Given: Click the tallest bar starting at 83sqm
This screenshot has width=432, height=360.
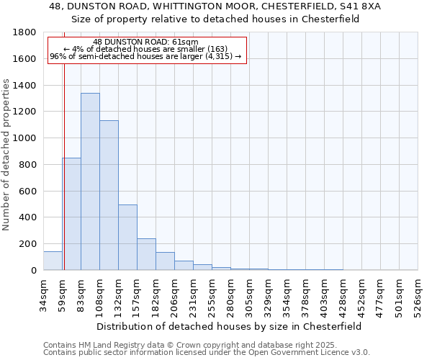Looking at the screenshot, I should click(x=90, y=181).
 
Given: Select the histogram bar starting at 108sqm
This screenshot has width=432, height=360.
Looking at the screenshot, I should click(x=109, y=195).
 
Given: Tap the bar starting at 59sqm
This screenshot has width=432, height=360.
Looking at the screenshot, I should click(x=71, y=214).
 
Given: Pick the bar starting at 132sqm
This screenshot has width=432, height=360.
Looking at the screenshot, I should click(x=127, y=238).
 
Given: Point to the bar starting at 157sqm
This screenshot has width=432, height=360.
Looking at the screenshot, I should click(x=146, y=254).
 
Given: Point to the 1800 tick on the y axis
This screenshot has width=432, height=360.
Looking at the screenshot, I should click(x=25, y=33).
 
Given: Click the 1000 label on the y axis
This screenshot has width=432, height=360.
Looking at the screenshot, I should click(x=25, y=138).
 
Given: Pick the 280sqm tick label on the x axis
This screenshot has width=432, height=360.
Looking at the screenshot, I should click(x=230, y=294).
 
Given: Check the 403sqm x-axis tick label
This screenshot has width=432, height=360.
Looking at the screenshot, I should click(x=324, y=294).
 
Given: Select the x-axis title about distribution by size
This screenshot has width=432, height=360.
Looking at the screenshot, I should click(x=230, y=326).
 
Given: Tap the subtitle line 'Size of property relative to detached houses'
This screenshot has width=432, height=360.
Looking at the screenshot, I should click(x=216, y=19).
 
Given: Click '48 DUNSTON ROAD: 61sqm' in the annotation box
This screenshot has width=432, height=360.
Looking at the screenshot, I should click(x=146, y=42).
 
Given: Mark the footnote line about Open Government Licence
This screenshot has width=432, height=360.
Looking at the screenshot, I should click(x=207, y=352).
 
